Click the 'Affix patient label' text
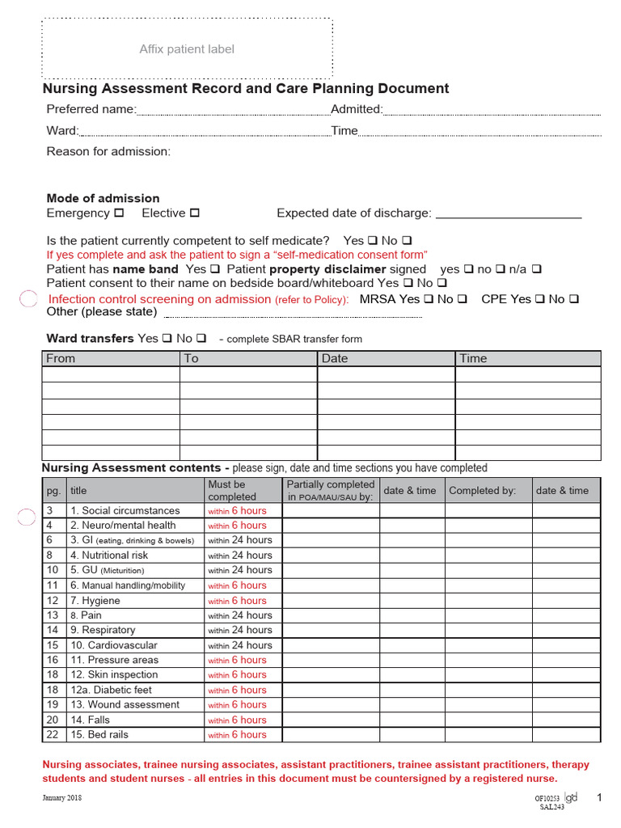(187, 49)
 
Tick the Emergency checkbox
(119, 213)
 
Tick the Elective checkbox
(194, 213)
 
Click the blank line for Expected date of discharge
(508, 214)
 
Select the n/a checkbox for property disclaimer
(536, 269)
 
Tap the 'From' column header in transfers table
(61, 358)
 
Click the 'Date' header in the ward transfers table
(335, 358)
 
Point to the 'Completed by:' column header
(482, 491)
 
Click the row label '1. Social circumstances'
(125, 511)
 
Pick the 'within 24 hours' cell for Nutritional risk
(240, 556)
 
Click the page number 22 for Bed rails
(53, 734)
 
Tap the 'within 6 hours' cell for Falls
(237, 720)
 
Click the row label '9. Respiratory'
(103, 630)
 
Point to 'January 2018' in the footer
(62, 798)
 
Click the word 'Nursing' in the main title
(71, 89)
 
